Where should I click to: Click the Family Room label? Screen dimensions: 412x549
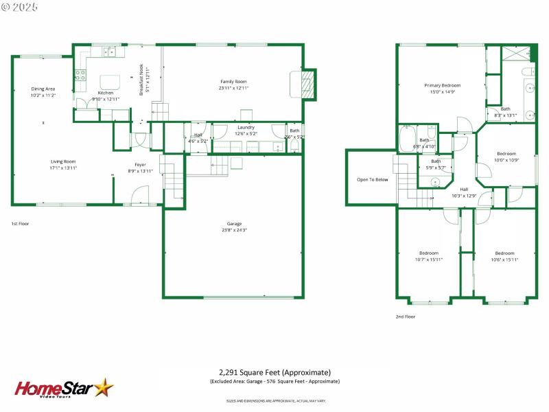click(x=233, y=82)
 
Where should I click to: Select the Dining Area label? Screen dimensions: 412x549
click(x=43, y=89)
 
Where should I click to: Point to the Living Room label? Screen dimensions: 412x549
click(x=62, y=161)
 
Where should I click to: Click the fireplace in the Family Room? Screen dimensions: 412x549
click(x=308, y=84)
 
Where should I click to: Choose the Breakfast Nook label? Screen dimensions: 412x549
click(x=141, y=80)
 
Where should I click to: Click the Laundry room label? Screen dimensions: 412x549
click(x=246, y=128)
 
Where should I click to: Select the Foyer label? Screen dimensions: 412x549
click(x=139, y=165)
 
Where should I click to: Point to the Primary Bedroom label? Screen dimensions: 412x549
click(x=442, y=85)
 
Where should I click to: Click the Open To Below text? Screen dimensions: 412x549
click(x=372, y=180)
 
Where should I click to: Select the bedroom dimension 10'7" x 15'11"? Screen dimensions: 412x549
click(x=429, y=260)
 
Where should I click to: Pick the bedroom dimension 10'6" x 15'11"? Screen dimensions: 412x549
click(x=504, y=260)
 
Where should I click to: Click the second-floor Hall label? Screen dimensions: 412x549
click(x=464, y=189)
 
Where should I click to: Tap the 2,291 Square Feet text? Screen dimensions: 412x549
click(x=274, y=372)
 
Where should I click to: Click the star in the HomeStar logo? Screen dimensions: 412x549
click(x=104, y=387)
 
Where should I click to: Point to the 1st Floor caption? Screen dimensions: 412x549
click(x=20, y=224)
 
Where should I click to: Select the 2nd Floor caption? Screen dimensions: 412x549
click(x=405, y=317)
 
